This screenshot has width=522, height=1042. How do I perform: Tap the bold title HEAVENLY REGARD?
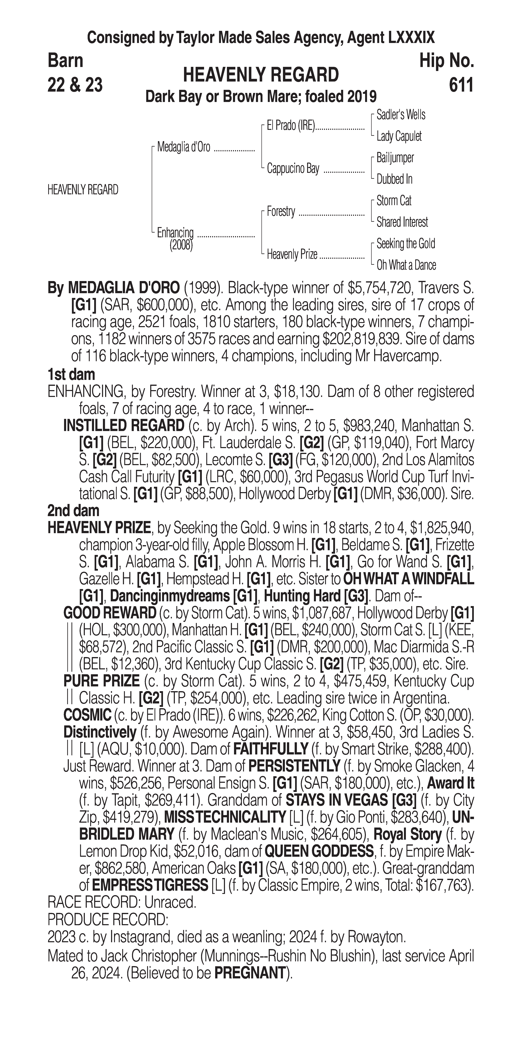(x=261, y=75)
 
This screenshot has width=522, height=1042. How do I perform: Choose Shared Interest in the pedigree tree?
(x=402, y=222)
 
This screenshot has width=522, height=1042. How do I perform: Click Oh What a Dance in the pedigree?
(x=406, y=265)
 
